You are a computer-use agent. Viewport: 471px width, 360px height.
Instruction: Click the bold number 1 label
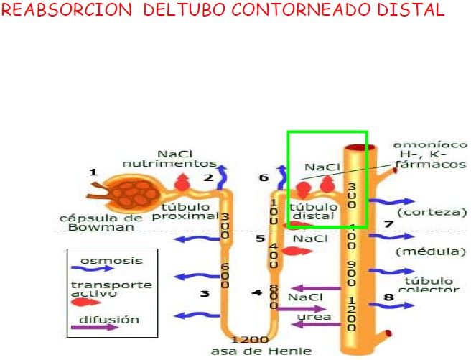coord(93,172)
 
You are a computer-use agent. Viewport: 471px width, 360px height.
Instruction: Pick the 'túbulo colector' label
coord(428,285)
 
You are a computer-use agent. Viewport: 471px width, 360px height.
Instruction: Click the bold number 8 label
coord(388,296)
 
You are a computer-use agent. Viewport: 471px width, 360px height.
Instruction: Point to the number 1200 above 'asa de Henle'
coord(249,339)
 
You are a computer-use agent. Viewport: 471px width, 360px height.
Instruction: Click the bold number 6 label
coord(264,177)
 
